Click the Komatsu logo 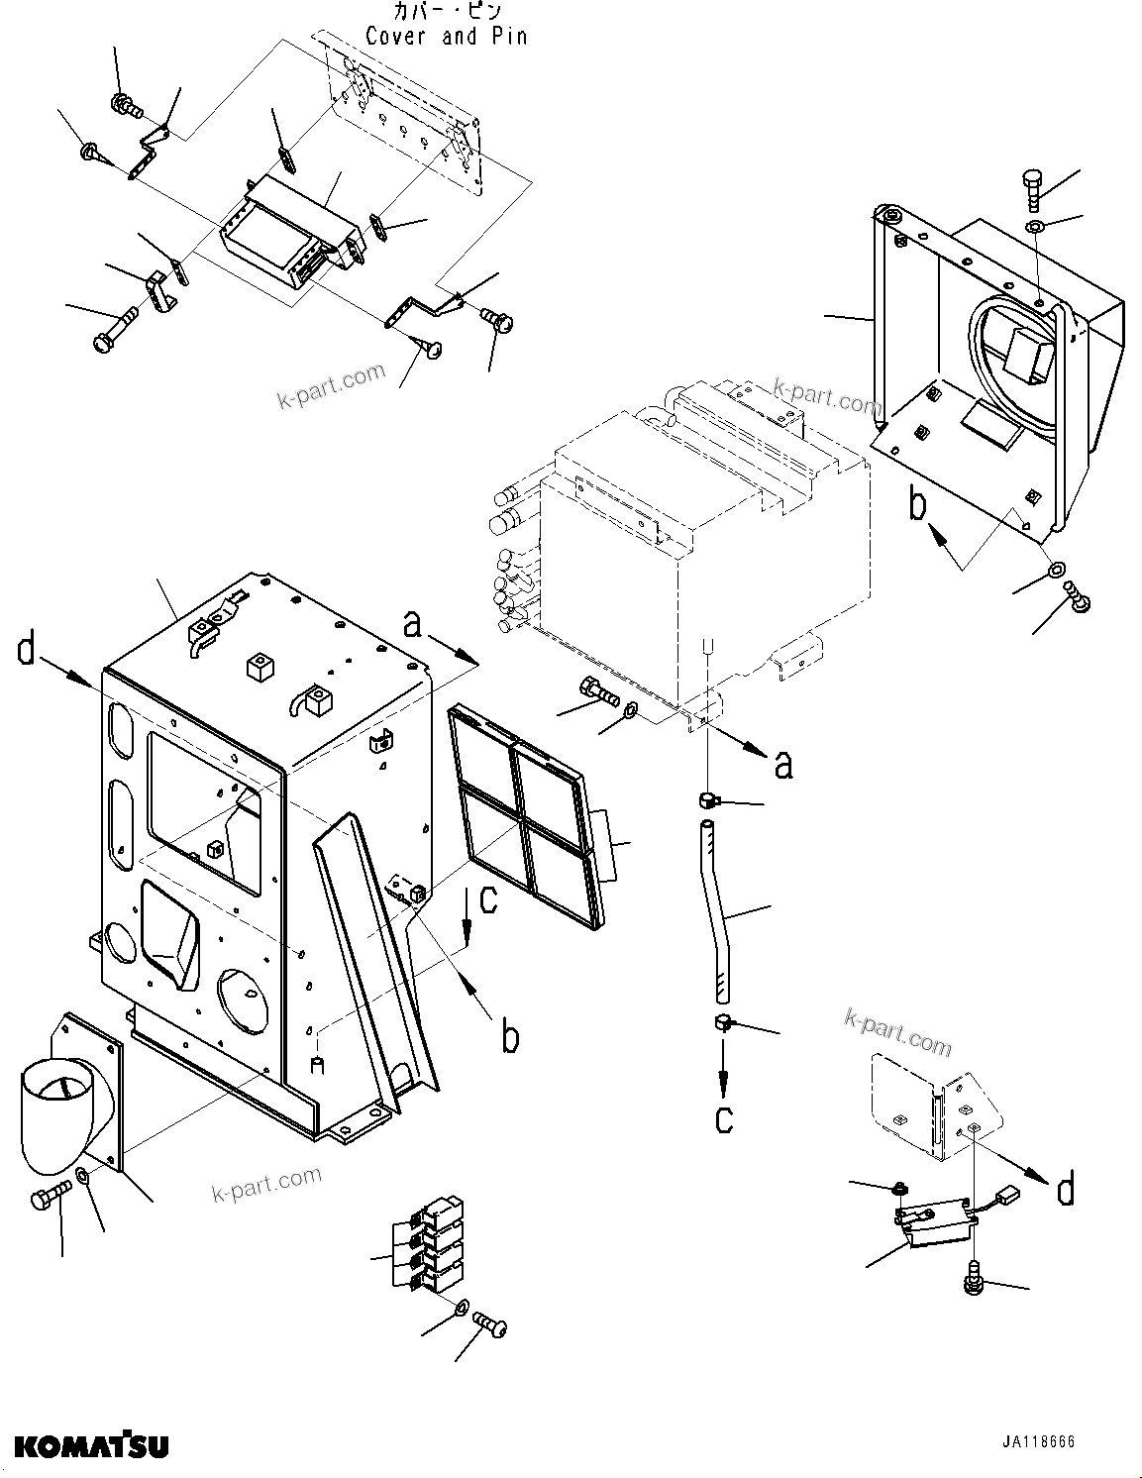(x=91, y=1445)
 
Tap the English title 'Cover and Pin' (x=446, y=37)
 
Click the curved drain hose (x=720, y=909)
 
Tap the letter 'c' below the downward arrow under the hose (x=724, y=1118)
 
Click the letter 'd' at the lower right (x=1065, y=1189)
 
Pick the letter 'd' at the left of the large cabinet (x=27, y=653)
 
